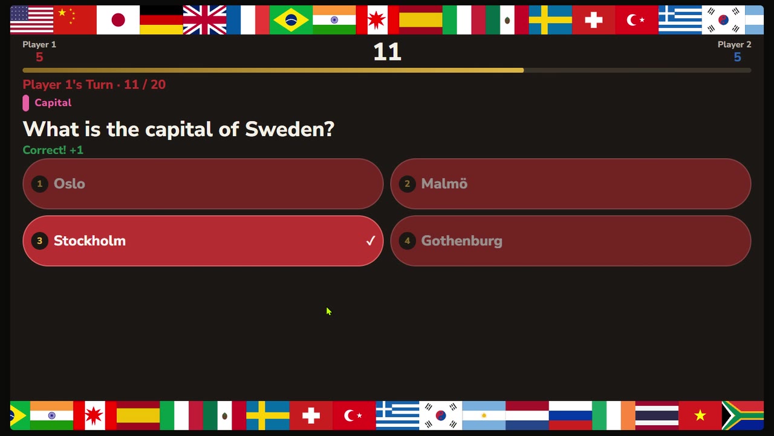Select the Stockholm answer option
203,241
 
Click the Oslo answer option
203,183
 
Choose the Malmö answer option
570,183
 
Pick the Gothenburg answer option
570,241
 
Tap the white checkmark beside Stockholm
371,240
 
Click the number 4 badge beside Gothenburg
408,241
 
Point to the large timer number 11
387,52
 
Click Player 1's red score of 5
39,57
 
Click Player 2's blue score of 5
737,57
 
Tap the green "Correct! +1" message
53,150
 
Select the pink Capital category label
53,102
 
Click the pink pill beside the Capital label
26,103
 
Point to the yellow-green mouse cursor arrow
328,311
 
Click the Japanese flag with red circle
118,20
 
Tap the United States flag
32,20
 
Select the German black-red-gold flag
161,20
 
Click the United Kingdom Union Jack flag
204,20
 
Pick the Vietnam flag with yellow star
700,415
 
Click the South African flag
743,415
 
